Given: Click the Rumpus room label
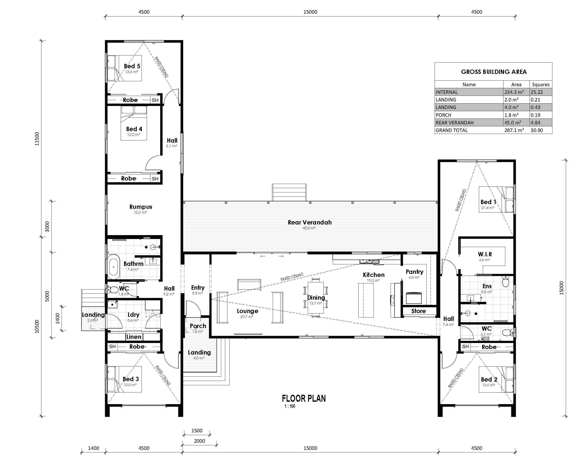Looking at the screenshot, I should [x=141, y=207].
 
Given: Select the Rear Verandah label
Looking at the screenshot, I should [x=310, y=222].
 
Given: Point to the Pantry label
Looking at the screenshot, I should [x=414, y=272].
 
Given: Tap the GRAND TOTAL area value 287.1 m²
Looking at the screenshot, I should [x=514, y=130].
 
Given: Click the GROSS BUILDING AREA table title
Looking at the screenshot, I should [x=494, y=72].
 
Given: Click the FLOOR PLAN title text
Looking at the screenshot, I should [x=304, y=399].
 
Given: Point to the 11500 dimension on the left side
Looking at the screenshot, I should [x=37, y=139].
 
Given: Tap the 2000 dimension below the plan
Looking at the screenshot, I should [x=199, y=441].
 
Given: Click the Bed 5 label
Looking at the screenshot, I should [x=132, y=66].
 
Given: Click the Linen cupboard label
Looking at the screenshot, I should [x=134, y=337].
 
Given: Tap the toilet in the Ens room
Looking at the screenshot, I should [x=506, y=282].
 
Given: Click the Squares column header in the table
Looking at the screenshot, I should [x=541, y=85].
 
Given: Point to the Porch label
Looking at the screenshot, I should [x=198, y=326].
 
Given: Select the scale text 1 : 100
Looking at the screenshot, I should [x=290, y=406].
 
